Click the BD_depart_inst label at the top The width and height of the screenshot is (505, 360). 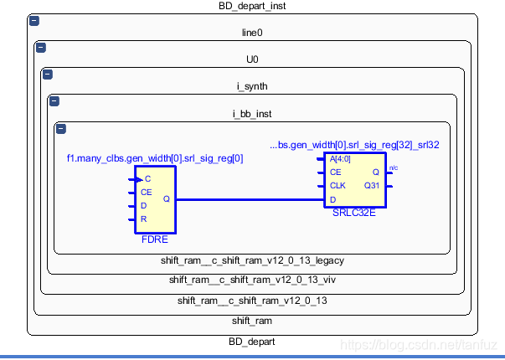point(252,6)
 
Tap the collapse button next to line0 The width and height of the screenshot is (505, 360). point(39,47)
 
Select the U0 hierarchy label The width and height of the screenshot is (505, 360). point(252,60)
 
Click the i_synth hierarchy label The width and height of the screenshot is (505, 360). point(252,86)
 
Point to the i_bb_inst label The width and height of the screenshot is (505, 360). point(252,114)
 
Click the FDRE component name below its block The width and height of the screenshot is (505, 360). point(155,239)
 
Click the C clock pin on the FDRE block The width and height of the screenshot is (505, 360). point(147,179)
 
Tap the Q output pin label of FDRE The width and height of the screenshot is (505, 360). point(166,199)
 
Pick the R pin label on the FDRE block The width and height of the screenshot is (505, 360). point(144,219)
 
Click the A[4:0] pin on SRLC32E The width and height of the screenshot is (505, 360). point(342,159)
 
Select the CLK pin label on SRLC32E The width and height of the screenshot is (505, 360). point(338,186)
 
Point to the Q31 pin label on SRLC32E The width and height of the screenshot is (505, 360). point(371,186)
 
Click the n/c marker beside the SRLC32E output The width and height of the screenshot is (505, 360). point(394,168)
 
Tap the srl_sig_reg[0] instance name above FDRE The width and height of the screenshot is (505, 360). point(155,158)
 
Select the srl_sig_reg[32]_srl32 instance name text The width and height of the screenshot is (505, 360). point(354,145)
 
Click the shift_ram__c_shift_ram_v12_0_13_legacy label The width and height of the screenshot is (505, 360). point(252,260)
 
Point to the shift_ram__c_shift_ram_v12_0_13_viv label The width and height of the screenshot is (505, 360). point(252,280)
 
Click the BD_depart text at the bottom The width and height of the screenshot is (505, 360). point(252,342)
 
